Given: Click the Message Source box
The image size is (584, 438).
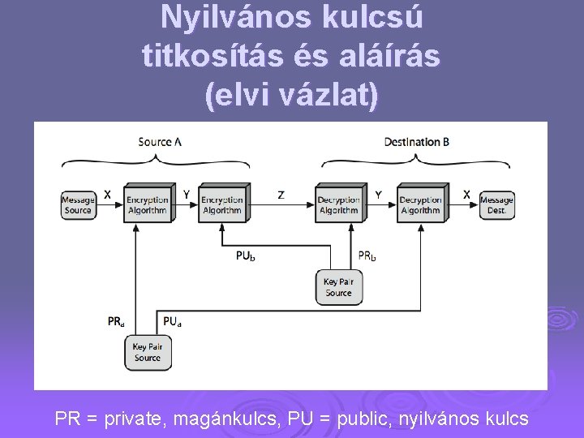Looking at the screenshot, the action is tap(78, 204).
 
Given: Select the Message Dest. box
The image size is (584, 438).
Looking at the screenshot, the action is tap(496, 204).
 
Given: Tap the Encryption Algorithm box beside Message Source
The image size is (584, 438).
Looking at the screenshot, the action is tap(147, 204).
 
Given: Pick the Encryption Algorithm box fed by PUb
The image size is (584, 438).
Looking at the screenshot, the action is tap(222, 204).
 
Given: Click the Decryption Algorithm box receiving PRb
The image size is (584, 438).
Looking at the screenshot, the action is tap(339, 204).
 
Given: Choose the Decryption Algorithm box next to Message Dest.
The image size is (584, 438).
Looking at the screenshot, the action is tap(420, 204).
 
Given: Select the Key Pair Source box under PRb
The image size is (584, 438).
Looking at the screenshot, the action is tap(338, 287).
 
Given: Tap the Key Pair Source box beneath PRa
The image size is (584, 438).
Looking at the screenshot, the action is tap(147, 352).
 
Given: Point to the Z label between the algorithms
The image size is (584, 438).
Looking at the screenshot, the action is tap(281, 195).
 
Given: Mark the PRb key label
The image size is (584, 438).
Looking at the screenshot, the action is tap(367, 256).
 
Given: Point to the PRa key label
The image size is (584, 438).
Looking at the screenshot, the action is tap(116, 321).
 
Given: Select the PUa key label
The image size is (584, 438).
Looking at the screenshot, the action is tap(172, 321).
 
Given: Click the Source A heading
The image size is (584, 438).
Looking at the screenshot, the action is tap(160, 142).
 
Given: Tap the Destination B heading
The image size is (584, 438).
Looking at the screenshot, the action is tap(417, 142).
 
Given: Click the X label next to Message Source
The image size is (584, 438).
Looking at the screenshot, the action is tap(107, 195).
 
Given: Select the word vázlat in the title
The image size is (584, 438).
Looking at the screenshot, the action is tap(328, 94).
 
